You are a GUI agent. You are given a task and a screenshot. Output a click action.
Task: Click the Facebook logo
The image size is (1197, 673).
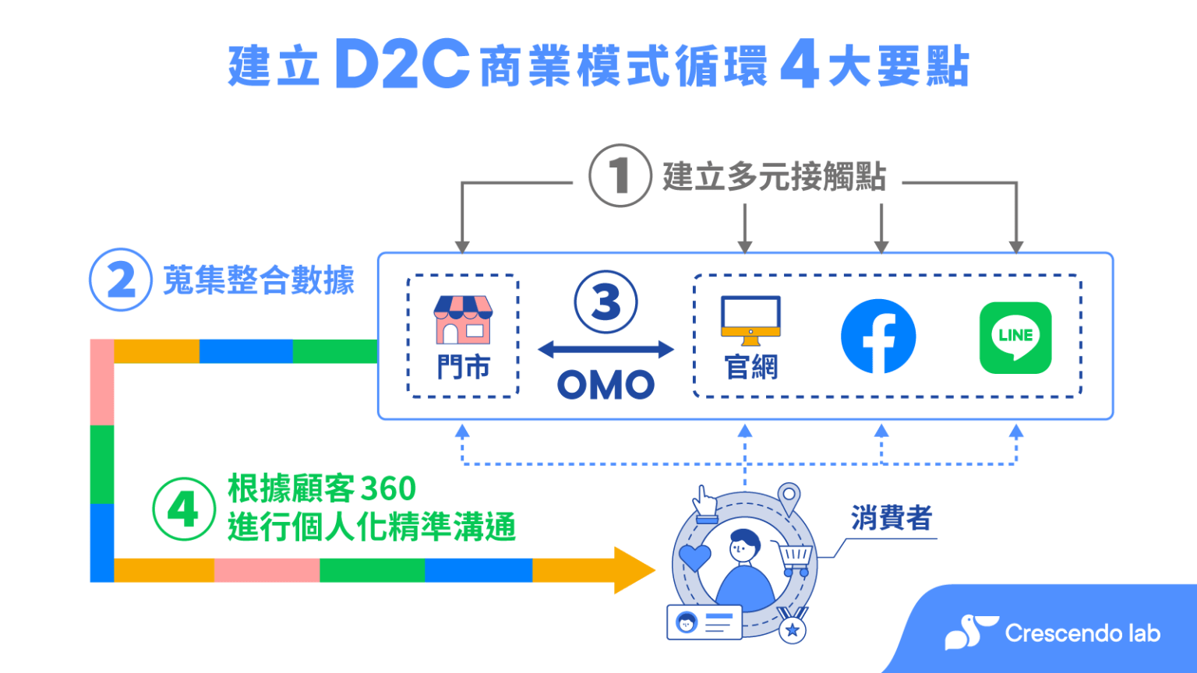click(x=878, y=336)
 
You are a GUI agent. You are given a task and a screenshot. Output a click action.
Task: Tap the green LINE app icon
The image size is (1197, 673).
click(x=1015, y=337)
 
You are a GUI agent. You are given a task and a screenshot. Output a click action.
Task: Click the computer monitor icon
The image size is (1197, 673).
click(x=750, y=319)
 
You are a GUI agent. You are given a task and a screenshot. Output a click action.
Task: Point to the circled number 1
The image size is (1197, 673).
click(x=620, y=175)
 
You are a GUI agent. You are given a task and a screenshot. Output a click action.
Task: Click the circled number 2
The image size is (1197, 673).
click(x=120, y=280)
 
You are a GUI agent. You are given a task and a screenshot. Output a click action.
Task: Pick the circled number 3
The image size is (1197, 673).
click(x=606, y=302)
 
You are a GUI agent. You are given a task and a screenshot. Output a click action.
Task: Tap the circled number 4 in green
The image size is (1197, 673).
click(x=183, y=509)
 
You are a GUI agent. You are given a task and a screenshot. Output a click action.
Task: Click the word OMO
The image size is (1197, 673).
click(x=606, y=385)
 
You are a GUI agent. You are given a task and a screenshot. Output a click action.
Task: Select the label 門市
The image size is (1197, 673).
click(x=463, y=367)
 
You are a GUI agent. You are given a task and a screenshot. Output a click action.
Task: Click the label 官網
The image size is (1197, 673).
click(x=751, y=367)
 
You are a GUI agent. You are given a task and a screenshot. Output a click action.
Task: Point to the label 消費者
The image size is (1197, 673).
click(x=891, y=518)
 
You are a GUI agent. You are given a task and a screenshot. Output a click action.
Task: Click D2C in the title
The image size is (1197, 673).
click(x=402, y=65)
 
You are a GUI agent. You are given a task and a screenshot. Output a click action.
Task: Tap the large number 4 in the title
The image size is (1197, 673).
click(x=799, y=65)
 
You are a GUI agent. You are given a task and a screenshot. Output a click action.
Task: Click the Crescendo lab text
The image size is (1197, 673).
click(x=1082, y=632)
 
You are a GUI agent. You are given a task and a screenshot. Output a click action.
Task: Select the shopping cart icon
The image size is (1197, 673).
click(x=795, y=558)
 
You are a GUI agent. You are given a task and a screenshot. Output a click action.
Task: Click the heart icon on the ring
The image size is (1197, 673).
click(x=694, y=557)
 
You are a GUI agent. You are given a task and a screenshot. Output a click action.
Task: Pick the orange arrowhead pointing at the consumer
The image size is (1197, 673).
click(x=634, y=570)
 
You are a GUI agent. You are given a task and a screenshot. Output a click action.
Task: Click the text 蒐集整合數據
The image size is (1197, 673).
click(x=259, y=280)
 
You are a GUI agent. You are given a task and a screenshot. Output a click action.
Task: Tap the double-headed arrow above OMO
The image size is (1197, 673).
click(x=606, y=350)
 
